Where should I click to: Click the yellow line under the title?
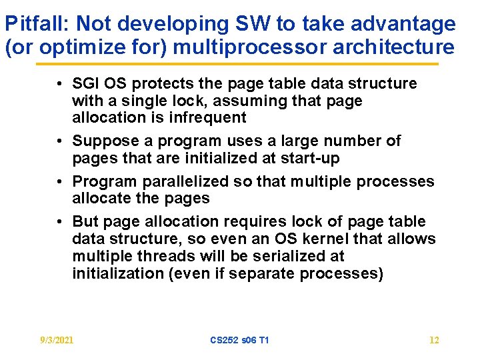coord(237,64)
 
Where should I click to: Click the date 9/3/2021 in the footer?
coord(56,340)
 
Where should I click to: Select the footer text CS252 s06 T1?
coord(239,340)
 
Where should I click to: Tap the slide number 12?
coord(434,340)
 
